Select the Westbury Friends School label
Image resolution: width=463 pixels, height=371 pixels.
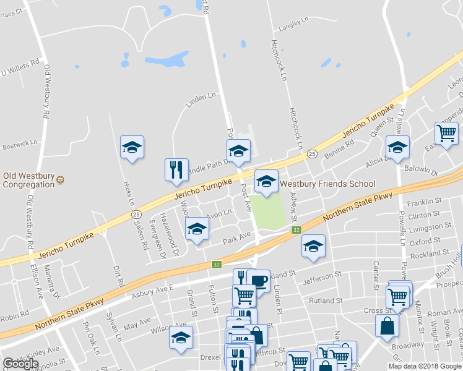click(328, 184)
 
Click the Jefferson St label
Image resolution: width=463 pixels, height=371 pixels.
click(322, 278)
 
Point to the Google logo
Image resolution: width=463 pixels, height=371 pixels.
click(20, 364)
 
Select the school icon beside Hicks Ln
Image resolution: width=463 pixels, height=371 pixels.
click(132, 147)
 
